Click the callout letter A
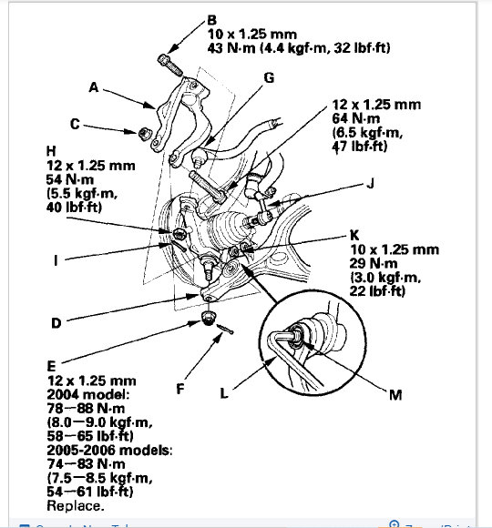point(93,89)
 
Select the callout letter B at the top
point(212,18)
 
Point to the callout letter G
point(269,79)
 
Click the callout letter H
point(60,148)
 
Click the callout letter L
point(225,395)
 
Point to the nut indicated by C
point(143,135)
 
